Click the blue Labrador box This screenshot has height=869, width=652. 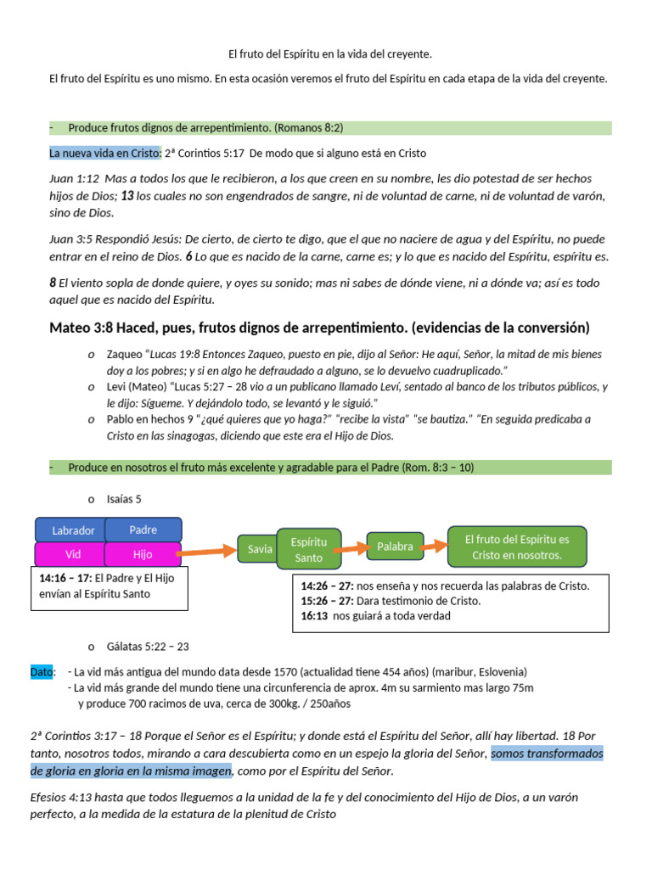point(73,530)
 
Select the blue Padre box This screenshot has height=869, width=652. point(143,530)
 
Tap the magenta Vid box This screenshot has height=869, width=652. point(73,554)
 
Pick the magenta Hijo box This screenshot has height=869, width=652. point(143,554)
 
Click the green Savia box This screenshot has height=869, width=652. point(260,549)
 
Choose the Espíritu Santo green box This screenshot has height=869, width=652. point(308,549)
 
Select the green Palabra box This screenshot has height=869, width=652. point(395,547)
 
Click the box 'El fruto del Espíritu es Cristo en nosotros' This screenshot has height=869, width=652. point(517,547)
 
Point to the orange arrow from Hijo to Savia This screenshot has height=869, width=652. point(208,552)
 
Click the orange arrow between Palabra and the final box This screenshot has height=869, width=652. point(435,545)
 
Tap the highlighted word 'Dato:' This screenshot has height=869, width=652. point(42,671)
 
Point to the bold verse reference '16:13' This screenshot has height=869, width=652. point(314,616)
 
